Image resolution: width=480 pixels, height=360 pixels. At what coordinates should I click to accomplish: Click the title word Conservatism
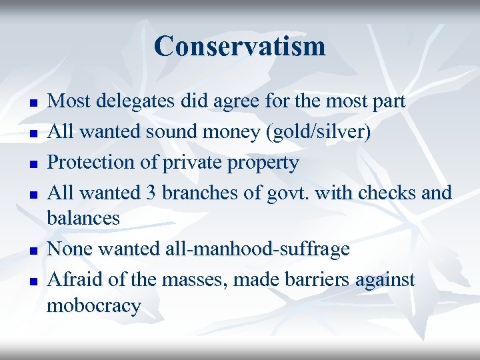coord(240,46)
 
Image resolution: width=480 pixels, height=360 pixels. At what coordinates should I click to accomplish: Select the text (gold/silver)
coord(318,131)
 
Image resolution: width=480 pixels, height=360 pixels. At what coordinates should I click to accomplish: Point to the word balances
coord(83,218)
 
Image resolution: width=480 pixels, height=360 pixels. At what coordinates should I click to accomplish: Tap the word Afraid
coord(74,279)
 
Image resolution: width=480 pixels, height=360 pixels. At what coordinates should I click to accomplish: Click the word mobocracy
coord(94,305)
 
